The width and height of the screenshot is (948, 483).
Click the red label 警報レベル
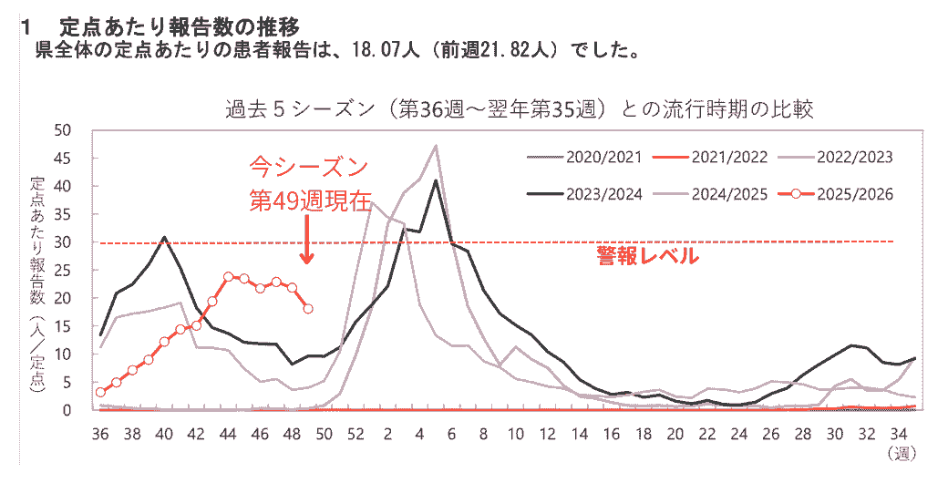[x=647, y=256]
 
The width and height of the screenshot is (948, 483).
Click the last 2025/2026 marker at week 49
[x=308, y=309]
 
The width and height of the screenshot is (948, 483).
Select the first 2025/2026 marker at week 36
[x=100, y=393]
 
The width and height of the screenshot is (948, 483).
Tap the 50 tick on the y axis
[x=80, y=129]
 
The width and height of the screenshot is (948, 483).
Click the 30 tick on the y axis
[x=80, y=242]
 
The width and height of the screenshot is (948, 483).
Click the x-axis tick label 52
[x=355, y=432]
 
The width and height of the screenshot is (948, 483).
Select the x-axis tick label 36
[x=100, y=432]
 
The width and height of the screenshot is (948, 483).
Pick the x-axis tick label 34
[x=899, y=432]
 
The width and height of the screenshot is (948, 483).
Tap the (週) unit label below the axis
[x=900, y=452]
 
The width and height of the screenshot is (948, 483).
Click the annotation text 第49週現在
[x=311, y=200]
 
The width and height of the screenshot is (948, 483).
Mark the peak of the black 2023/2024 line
[x=436, y=180]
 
